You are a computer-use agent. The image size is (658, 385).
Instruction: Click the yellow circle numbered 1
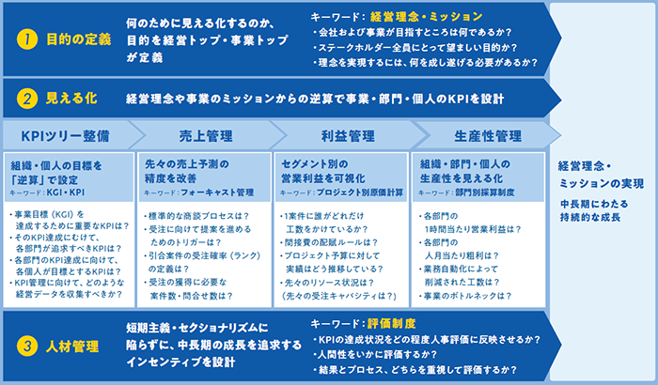[27, 39]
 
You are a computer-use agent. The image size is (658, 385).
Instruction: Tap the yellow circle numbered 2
[27, 99]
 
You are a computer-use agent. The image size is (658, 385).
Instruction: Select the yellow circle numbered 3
[27, 346]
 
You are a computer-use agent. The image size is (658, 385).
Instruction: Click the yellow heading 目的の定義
[78, 39]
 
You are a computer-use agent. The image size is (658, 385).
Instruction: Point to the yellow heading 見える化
[71, 99]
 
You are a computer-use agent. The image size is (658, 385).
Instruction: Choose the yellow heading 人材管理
[72, 346]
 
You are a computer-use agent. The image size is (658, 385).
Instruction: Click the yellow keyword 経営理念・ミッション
[426, 17]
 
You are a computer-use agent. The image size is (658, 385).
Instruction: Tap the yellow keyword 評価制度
[391, 324]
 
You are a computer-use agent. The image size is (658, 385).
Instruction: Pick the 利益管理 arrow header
[348, 136]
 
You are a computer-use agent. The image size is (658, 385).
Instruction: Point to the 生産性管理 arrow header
[488, 136]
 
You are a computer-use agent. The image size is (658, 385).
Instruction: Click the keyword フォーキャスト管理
[217, 192]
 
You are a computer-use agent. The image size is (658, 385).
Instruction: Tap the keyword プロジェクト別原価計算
[360, 192]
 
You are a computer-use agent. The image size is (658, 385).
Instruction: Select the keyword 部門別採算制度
[485, 192]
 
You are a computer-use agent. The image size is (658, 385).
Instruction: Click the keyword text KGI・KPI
[66, 192]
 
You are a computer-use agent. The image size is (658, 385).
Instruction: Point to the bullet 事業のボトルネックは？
[465, 296]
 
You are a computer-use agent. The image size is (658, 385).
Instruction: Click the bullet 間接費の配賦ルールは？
[329, 243]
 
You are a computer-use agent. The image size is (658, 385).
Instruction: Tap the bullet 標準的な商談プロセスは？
[196, 216]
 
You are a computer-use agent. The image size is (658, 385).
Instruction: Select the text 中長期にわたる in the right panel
[594, 205]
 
